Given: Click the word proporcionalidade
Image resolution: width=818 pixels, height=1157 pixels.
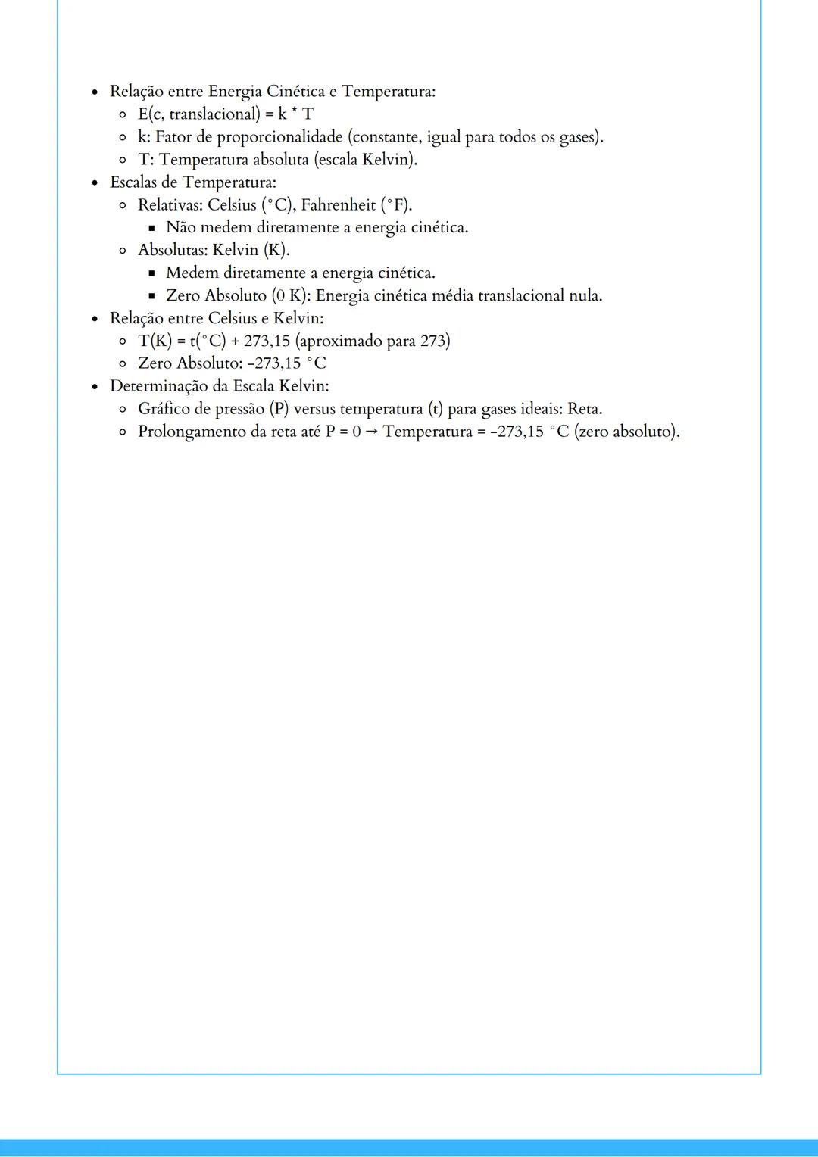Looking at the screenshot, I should pyautogui.click(x=279, y=137).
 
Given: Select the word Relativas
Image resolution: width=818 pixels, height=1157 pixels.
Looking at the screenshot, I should pyautogui.click(x=170, y=205).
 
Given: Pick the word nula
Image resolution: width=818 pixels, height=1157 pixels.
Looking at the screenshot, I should pyautogui.click(x=585, y=296).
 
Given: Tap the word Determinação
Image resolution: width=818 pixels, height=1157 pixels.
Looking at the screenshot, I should pyautogui.click(x=159, y=386).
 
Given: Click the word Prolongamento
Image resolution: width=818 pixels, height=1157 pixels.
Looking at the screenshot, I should pyautogui.click(x=192, y=432).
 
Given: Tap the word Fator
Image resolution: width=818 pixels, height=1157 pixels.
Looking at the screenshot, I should pyautogui.click(x=173, y=137).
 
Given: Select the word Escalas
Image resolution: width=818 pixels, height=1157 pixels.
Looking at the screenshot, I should pyautogui.click(x=133, y=182).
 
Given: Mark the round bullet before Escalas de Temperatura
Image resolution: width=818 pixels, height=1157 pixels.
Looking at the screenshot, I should pyautogui.click(x=95, y=183).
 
